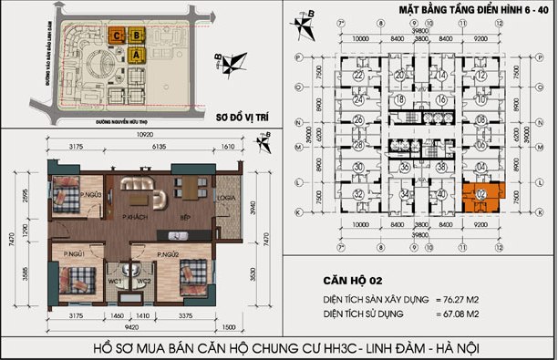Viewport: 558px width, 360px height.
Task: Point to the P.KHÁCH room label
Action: tap(138, 216)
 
